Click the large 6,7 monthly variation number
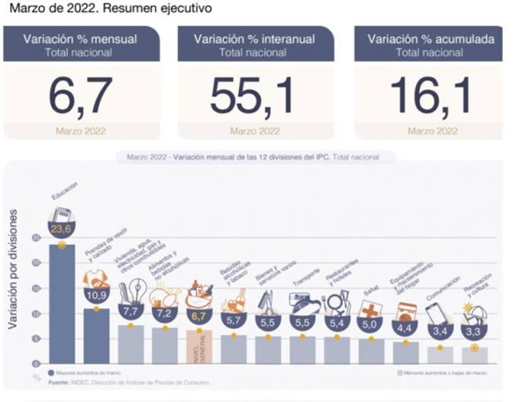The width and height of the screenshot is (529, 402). [x=81, y=96]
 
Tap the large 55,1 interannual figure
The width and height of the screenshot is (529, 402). [x=251, y=96]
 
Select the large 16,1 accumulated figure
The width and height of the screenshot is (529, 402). [x=431, y=96]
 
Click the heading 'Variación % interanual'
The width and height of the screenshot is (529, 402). [x=255, y=39]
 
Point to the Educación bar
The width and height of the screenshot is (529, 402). [x=61, y=304]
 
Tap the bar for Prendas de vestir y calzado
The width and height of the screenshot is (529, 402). [x=96, y=336]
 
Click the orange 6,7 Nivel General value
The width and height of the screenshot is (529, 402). [x=199, y=317]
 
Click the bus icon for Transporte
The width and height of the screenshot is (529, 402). [x=304, y=302]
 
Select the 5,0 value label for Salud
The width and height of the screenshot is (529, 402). [x=371, y=325]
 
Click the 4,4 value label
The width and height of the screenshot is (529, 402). [x=405, y=327]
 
